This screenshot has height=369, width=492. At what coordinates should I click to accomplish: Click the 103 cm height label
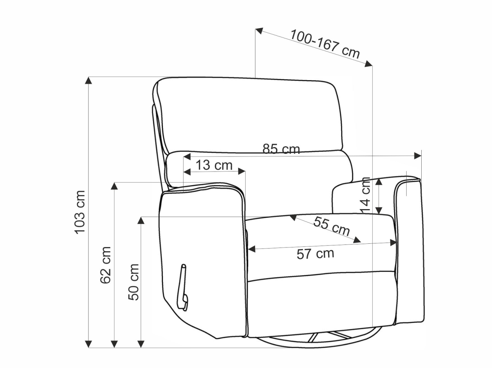80,213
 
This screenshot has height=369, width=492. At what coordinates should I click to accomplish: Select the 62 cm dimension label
105,265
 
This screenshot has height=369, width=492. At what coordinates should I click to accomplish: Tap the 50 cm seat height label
134,282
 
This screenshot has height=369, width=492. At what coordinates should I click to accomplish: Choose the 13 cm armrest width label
214,165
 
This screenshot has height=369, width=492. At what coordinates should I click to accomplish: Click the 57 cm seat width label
315,254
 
